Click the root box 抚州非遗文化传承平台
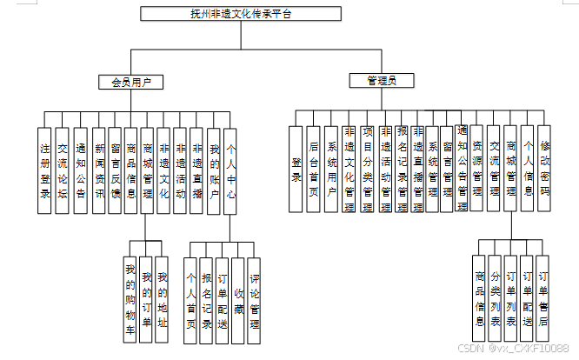(241, 14)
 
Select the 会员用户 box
(131, 83)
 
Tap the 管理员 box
(382, 81)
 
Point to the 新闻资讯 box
(100, 170)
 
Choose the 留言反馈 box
(116, 170)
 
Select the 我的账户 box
(214, 170)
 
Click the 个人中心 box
(230, 170)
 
